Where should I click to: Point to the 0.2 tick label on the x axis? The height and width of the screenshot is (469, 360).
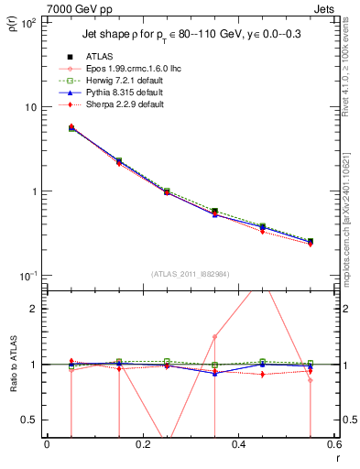tap(141, 443)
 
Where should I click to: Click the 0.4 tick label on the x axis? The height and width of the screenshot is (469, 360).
tap(237, 443)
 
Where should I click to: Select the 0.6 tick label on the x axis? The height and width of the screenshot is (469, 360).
tap(332, 443)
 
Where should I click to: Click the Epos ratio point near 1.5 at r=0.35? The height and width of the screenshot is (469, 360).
tap(214, 337)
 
